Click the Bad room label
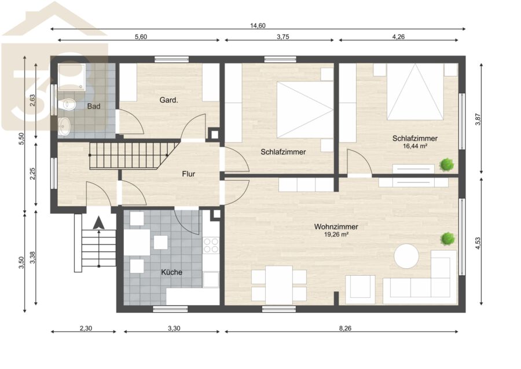point(94,107)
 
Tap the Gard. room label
point(169,100)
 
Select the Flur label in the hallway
point(188,174)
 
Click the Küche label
point(171,272)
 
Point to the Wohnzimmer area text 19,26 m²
point(336,235)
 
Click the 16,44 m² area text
point(415,146)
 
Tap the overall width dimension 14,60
point(258,25)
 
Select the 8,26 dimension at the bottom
point(345,328)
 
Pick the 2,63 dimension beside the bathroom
point(32,100)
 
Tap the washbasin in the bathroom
point(64,127)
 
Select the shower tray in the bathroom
point(72,77)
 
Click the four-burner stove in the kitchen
point(211,246)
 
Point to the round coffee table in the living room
point(407,256)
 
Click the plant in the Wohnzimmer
point(447,239)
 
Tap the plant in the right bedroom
point(446,165)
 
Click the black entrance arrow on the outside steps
point(98,222)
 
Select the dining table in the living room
point(279,285)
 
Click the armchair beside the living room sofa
point(361,289)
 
